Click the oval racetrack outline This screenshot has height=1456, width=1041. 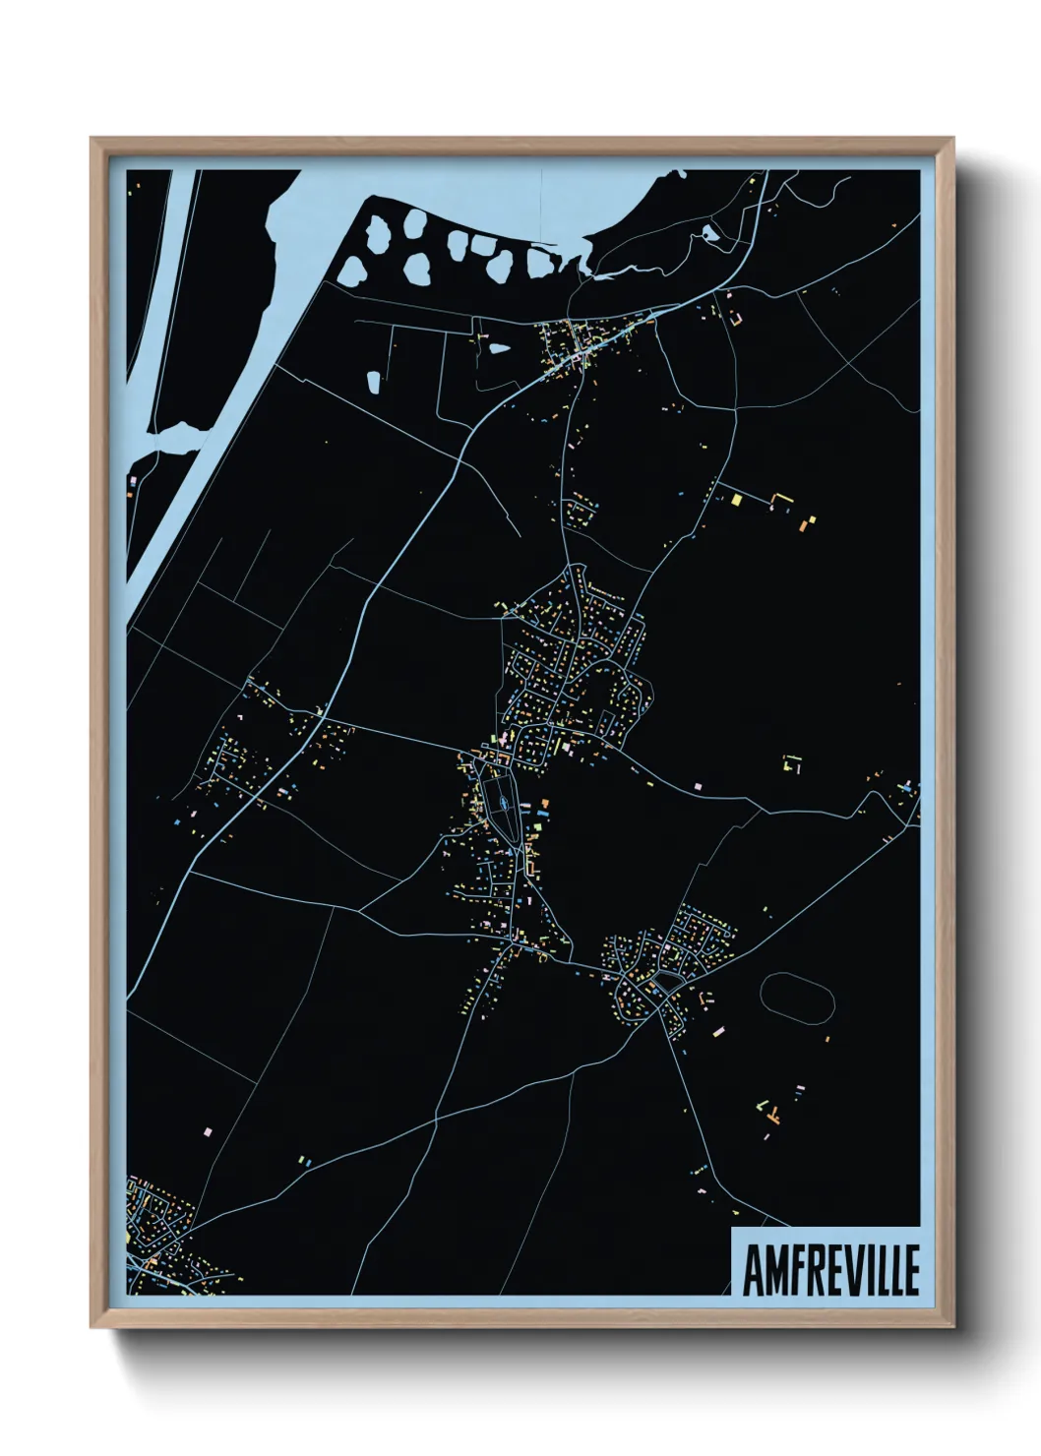[x=797, y=999]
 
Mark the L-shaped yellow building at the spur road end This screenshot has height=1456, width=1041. [x=785, y=500]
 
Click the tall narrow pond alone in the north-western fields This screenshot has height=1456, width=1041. [x=374, y=382]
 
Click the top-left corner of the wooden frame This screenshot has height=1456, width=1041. [x=92, y=140]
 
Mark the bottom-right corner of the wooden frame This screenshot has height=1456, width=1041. [x=950, y=1325]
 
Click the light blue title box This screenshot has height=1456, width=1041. [x=826, y=1261]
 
